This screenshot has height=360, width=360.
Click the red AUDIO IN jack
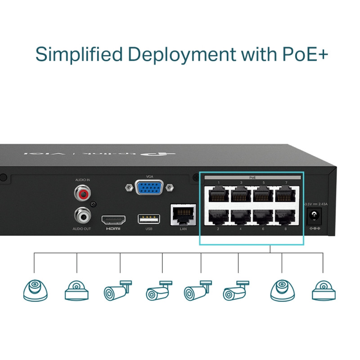coord(82,193)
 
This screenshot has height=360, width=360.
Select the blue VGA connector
coord(150,187)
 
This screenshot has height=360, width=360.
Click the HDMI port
coord(113,220)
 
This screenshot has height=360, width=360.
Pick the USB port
coord(149,219)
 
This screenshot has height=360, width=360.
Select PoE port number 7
coord(286,196)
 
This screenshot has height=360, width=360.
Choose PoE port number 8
coord(286,217)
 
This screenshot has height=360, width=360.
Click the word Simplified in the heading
coord(79,54)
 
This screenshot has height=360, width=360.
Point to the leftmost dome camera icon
coord(35,290)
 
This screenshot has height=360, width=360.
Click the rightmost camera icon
coord(323,290)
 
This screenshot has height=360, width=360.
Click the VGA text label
coord(150,176)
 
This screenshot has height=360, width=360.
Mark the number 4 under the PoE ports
coord(241,229)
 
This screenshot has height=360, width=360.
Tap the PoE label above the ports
coord(252,178)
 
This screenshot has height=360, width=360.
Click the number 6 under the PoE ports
coord(263,229)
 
